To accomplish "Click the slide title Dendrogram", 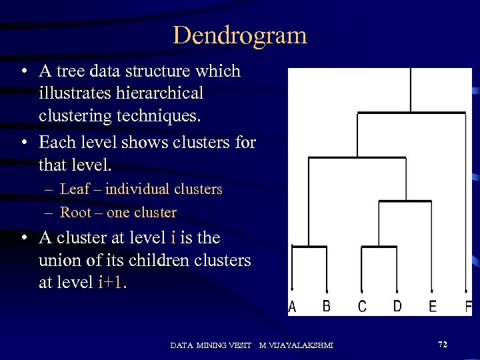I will pos(240,35).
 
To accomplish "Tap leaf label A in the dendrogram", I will pos(292,307).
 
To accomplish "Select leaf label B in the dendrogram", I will pos(327,306).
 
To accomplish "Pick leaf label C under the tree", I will pos(362,307).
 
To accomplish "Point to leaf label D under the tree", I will pos(397,306).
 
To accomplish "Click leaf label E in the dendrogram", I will pos(433,307).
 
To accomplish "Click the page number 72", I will pos(443,344).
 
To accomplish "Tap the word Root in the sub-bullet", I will pos(74,213).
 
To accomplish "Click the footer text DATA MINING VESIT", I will pos(211,345).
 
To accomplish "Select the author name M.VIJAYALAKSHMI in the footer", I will pos(296,345).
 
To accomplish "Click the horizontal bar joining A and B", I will pos(309,247).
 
